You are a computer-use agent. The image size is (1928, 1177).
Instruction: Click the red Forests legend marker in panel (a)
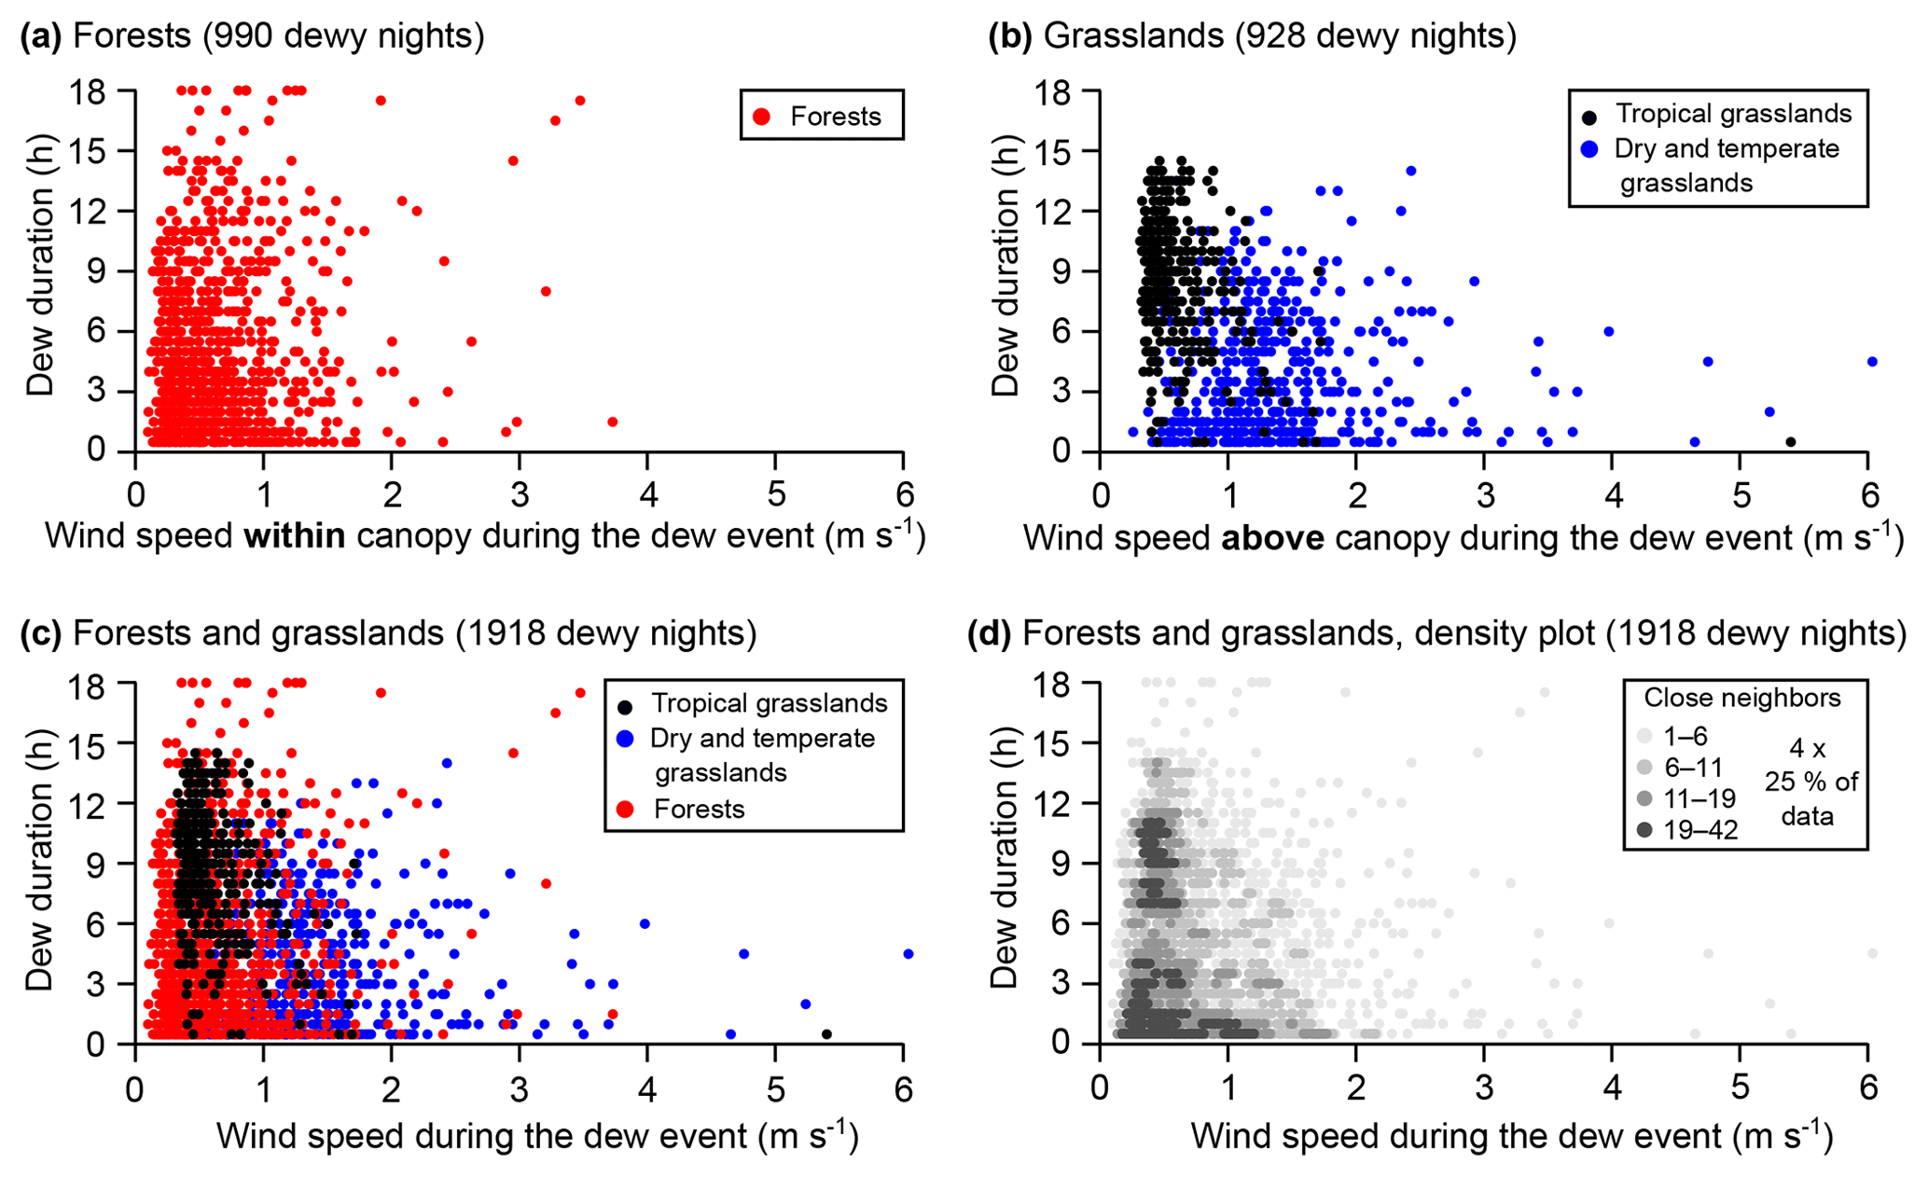762,117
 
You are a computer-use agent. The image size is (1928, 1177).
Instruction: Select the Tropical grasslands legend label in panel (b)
1733,114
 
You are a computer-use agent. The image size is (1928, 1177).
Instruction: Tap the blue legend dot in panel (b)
1590,149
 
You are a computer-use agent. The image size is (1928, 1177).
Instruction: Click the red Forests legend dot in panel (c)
626,809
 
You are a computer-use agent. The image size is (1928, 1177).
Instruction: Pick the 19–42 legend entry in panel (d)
1700,830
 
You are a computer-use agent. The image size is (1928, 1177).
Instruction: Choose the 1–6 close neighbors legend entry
1685,737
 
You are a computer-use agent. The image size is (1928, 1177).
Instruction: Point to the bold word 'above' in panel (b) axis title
1273,538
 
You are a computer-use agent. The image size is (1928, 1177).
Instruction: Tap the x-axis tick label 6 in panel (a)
903,493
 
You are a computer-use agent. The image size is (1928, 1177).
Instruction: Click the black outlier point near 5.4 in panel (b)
1791,442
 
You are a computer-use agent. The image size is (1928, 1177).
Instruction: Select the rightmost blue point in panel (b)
1872,361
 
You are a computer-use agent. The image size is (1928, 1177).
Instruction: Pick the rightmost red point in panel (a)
613,422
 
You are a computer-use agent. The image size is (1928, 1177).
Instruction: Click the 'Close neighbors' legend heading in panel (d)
1741,698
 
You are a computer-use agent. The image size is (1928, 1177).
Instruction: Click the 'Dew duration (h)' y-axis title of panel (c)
39,864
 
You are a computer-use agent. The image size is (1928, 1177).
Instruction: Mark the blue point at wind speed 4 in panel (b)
1609,331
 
